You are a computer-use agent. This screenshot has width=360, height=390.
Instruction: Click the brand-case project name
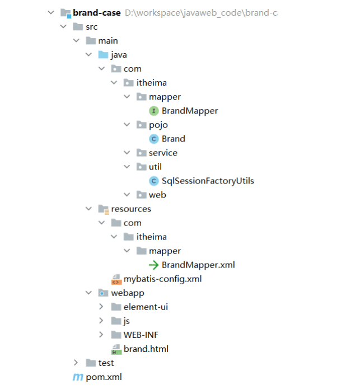pyautogui.click(x=97, y=12)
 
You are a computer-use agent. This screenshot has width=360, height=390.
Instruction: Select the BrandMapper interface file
pyautogui.click(x=190, y=111)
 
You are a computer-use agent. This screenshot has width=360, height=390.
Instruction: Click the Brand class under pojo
pyautogui.click(x=174, y=139)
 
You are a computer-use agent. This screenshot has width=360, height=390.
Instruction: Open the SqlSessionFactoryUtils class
pyautogui.click(x=208, y=181)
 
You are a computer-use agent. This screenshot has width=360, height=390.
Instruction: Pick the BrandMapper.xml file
pyautogui.click(x=198, y=265)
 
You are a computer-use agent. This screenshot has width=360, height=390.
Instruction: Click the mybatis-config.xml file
pyautogui.click(x=162, y=279)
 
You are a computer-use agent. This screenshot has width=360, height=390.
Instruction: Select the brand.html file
pyautogui.click(x=146, y=349)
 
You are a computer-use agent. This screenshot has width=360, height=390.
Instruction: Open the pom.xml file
pyautogui.click(x=104, y=377)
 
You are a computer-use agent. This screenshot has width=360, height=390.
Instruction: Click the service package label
pyautogui.click(x=163, y=153)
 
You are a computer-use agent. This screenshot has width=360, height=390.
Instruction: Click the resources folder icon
pyautogui.click(x=102, y=209)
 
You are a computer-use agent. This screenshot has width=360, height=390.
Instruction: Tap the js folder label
pyautogui.click(x=127, y=321)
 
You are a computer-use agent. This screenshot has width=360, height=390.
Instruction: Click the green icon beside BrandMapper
pyautogui.click(x=153, y=111)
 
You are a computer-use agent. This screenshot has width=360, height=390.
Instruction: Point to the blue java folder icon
pyautogui.click(x=103, y=55)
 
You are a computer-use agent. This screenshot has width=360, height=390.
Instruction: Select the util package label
pyautogui.click(x=155, y=167)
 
